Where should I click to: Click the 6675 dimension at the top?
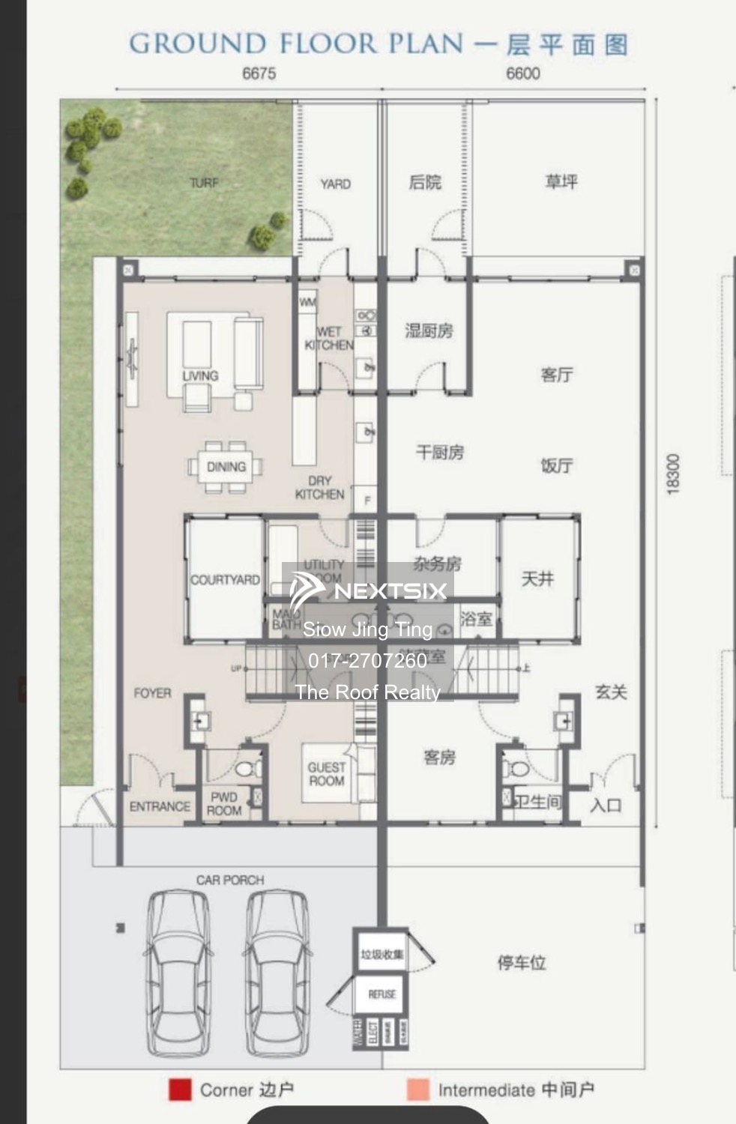[259, 73]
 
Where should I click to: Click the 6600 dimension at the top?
[522, 73]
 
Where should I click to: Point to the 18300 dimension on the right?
[672, 474]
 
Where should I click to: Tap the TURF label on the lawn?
[204, 183]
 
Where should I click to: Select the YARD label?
[335, 184]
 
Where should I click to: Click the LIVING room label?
[200, 375]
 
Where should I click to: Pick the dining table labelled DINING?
[226, 467]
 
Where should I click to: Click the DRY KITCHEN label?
[320, 488]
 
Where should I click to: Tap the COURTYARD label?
[225, 580]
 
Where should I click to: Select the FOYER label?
[152, 693]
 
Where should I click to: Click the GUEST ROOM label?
[327, 774]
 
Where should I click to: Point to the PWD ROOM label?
[224, 803]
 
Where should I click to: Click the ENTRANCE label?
[160, 806]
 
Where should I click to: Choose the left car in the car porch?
[178, 972]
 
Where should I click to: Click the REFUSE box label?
[381, 994]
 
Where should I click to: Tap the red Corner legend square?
[180, 1090]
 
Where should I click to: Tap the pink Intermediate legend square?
[418, 1090]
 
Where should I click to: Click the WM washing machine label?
[307, 303]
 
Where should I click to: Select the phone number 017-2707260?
[367, 661]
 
